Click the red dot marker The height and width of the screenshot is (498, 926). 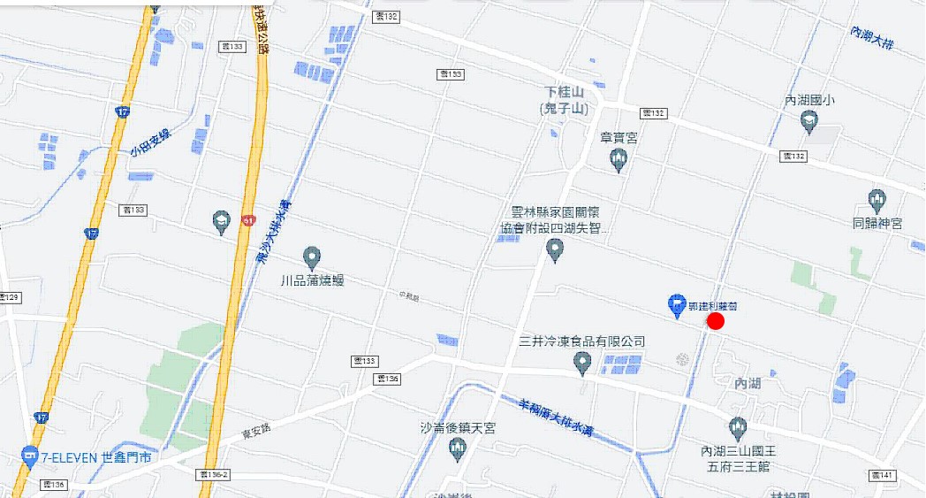click(x=716, y=321)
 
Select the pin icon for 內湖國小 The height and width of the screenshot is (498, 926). click(x=808, y=123)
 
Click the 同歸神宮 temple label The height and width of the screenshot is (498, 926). click(x=877, y=223)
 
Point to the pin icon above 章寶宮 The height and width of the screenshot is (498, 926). click(x=619, y=160)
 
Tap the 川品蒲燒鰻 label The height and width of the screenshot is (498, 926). click(x=311, y=280)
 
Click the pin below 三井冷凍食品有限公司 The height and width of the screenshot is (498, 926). click(x=581, y=362)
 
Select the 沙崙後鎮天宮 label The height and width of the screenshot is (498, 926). click(x=458, y=428)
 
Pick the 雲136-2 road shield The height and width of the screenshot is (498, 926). click(x=214, y=475)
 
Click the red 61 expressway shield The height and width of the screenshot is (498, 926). click(x=248, y=220)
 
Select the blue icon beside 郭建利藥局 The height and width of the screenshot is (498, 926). click(x=676, y=305)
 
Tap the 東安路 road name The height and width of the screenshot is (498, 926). click(x=254, y=434)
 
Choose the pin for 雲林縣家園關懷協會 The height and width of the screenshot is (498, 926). click(x=555, y=251)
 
